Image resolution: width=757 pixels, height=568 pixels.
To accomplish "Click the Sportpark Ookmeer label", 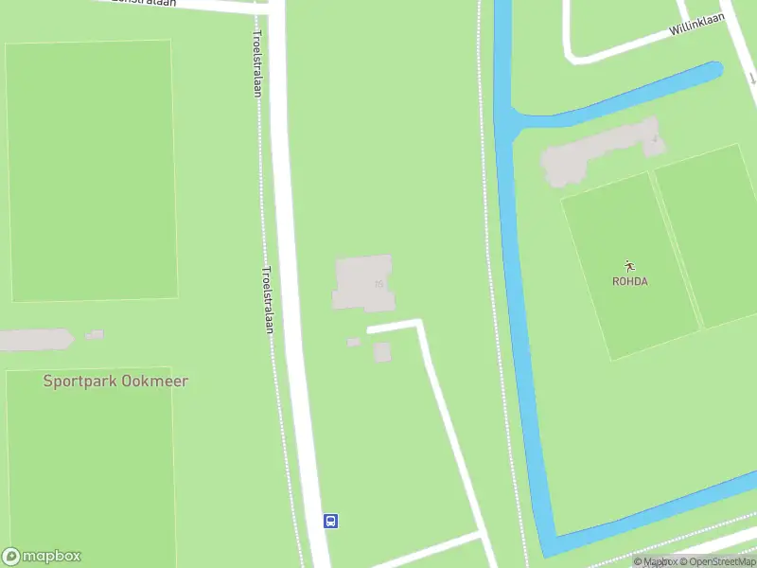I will pos(115,382).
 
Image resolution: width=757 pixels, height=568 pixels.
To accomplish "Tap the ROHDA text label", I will pos(629,281).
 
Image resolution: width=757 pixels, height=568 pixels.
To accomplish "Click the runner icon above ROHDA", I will pos(629,266).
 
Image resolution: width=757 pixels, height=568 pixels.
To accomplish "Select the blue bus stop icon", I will pos(331,521).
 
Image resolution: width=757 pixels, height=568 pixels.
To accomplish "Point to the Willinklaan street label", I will pos(696,26).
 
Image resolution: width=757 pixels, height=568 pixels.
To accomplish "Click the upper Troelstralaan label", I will pos(256,62).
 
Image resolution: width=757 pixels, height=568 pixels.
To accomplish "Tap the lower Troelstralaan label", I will pos(267,298).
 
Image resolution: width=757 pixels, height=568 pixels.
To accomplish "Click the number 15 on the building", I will pos(378,283).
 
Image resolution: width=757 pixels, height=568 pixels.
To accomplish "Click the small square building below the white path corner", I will pos(382,352).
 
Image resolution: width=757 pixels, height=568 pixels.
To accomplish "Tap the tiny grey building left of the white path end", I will pos(353,342).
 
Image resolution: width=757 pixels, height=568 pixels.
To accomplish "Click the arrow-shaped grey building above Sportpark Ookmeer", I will pos(36,339).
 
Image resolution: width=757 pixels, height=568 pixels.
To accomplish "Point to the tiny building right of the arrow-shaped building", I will pos(94,335).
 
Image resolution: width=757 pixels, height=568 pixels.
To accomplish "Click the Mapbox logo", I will pos(42,557).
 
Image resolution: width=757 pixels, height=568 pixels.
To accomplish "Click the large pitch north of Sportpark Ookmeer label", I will pos(92,170).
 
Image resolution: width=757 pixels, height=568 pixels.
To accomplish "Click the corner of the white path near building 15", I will pos(419,324).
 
